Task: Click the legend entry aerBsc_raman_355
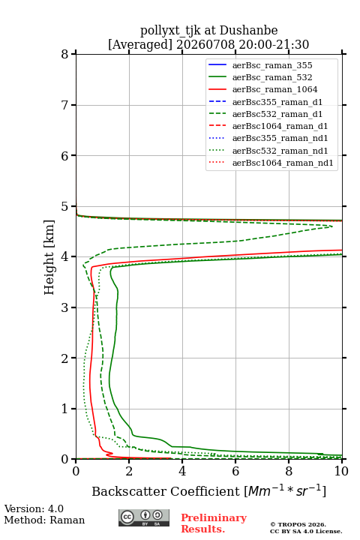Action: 272,65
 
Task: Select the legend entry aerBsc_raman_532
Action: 272,77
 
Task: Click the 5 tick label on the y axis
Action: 65,206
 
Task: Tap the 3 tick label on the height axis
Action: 65,307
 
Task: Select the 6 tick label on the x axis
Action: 235,471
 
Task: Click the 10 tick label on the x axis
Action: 341,471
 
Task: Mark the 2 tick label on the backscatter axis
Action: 129,471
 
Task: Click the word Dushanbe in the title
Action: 248,31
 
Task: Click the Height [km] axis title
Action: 49,257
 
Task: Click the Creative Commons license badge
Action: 144,517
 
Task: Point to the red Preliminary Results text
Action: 214,523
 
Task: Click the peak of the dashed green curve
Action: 332,226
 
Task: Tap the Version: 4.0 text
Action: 34,508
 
